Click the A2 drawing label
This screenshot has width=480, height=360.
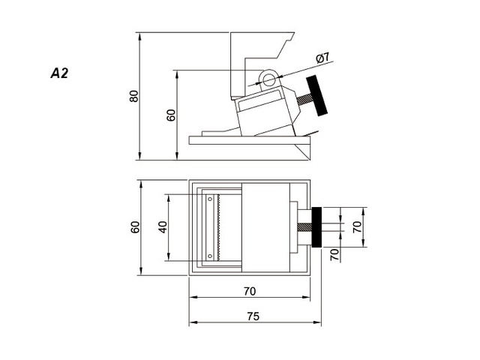pos(60,73)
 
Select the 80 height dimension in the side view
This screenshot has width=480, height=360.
pos(134,96)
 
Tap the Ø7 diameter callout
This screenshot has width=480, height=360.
pos(323,58)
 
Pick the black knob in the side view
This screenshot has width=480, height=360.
pos(320,96)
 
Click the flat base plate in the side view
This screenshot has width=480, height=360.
pos(247,139)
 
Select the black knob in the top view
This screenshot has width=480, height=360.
pos(318,227)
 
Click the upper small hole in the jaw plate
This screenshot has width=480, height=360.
pos(210,199)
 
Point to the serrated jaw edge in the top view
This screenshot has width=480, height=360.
pos(217,227)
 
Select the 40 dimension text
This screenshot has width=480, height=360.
pos(163,227)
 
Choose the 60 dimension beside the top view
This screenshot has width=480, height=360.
pos(136,227)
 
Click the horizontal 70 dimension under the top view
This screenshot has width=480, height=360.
pos(250,290)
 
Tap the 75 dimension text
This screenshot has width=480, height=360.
pos(253,316)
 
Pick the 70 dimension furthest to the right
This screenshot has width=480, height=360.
pos(357,226)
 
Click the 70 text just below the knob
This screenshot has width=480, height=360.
pos(334,254)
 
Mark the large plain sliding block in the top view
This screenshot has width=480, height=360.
pos(266,227)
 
